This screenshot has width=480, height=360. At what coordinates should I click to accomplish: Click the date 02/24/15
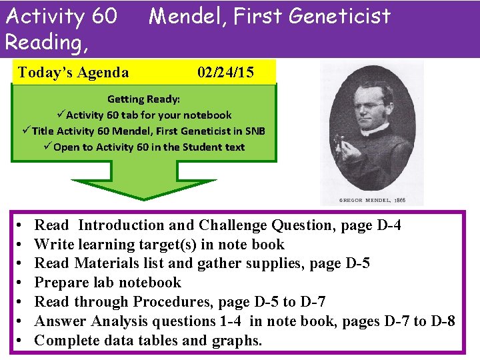(x=225, y=73)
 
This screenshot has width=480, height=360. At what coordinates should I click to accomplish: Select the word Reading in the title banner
(x=43, y=42)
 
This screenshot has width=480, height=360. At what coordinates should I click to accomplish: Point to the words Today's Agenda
(x=73, y=73)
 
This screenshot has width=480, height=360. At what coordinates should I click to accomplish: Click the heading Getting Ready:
(x=143, y=99)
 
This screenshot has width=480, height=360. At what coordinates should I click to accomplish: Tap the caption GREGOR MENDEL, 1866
(x=373, y=200)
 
